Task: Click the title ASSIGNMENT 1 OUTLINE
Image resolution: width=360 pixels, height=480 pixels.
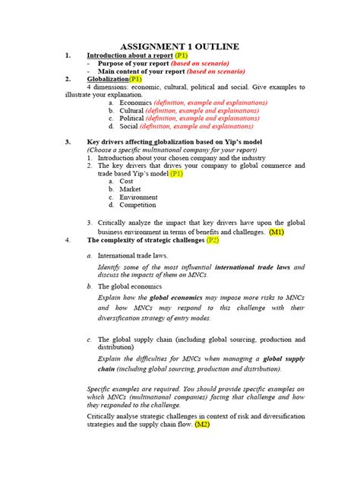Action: pyautogui.click(x=180, y=47)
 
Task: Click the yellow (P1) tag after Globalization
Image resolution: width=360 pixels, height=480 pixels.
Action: pyautogui.click(x=135, y=79)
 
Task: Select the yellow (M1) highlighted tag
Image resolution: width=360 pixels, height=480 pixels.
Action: pyautogui.click(x=276, y=232)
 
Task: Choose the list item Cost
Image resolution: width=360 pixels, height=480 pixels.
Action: pyautogui.click(x=126, y=182)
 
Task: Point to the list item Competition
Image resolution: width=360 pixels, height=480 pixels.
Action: pyautogui.click(x=137, y=205)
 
